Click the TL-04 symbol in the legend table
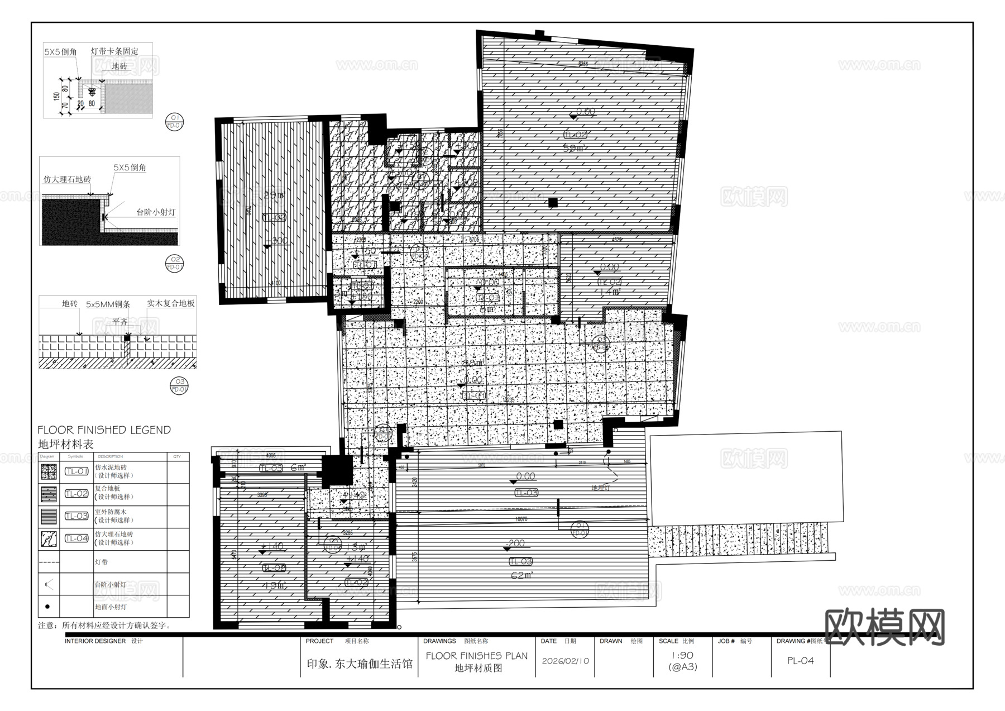click(x=76, y=538)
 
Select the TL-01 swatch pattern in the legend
click(x=49, y=472)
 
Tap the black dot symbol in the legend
click(x=47, y=607)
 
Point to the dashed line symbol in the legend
click(x=49, y=562)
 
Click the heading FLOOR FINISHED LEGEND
click(x=104, y=430)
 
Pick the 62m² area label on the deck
click(x=522, y=575)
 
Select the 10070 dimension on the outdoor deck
click(x=521, y=519)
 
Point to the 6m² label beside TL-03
click(x=298, y=467)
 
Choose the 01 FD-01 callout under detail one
click(x=175, y=121)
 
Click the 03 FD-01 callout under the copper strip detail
click(x=179, y=386)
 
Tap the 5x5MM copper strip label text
click(x=108, y=304)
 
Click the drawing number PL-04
click(x=800, y=661)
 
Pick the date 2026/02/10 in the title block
click(x=565, y=661)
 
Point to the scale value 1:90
click(x=682, y=656)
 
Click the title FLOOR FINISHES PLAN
click(x=476, y=656)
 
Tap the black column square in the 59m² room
click(x=553, y=203)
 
